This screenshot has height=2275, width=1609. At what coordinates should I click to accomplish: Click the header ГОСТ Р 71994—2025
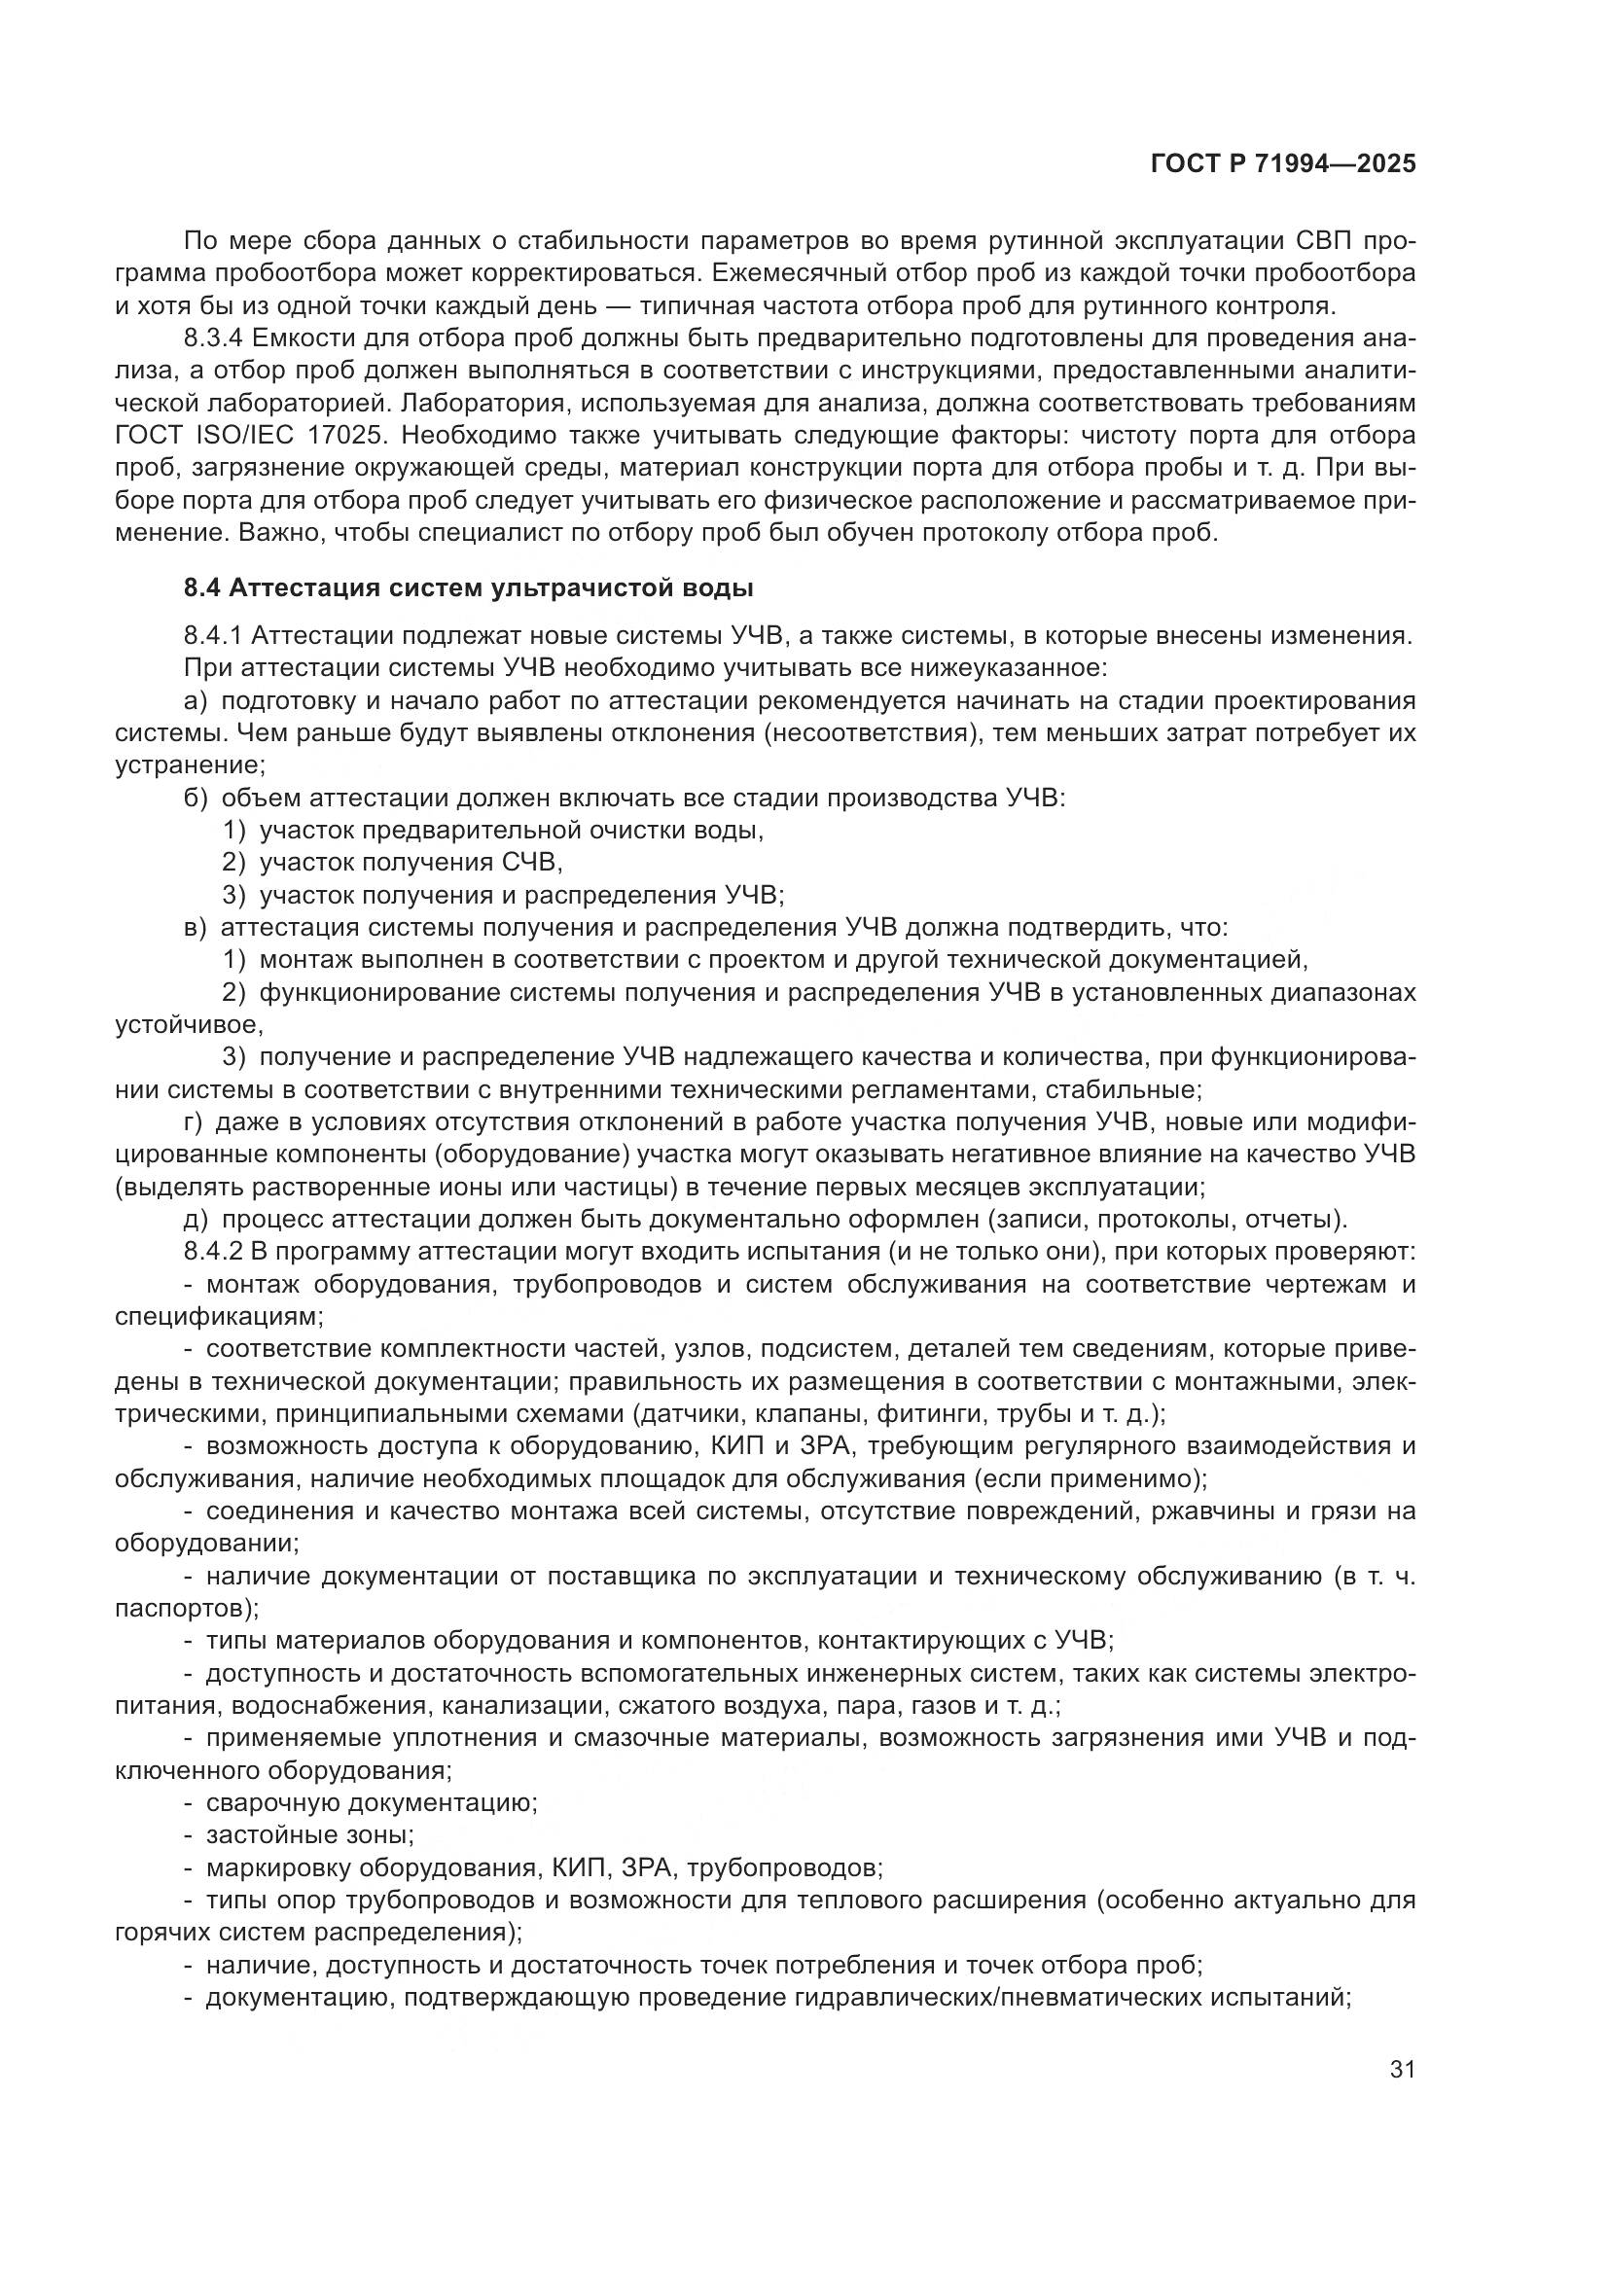click(1282, 164)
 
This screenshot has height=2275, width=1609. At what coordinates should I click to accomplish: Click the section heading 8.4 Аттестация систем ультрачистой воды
click(468, 587)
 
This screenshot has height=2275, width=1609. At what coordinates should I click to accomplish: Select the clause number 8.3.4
click(212, 338)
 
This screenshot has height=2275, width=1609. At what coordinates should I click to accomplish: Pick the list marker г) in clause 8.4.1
click(194, 1122)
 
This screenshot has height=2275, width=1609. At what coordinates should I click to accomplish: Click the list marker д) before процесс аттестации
click(196, 1220)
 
